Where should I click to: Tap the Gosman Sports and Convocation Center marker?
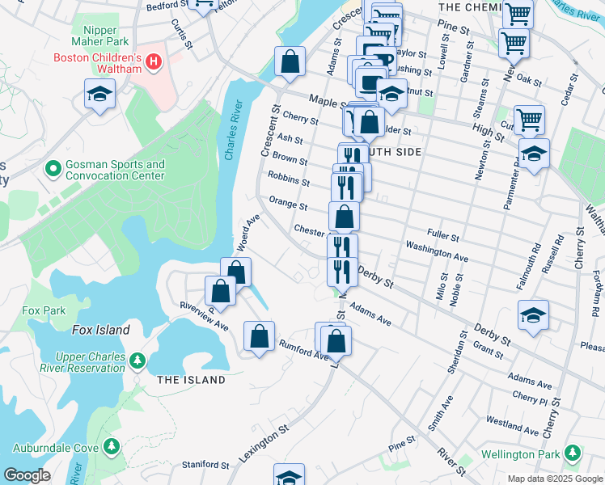[x=53, y=169]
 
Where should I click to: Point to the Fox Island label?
[x=100, y=330]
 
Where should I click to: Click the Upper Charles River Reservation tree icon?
[x=137, y=358]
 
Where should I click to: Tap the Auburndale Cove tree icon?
[x=112, y=445]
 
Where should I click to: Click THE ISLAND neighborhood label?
[x=191, y=380]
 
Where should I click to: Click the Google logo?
[x=27, y=475]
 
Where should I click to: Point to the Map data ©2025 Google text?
[x=554, y=479]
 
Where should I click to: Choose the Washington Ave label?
[x=437, y=251]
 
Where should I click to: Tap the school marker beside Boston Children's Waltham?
[x=100, y=95]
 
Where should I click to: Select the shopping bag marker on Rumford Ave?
[x=259, y=337]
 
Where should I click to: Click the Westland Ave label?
[x=512, y=427]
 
